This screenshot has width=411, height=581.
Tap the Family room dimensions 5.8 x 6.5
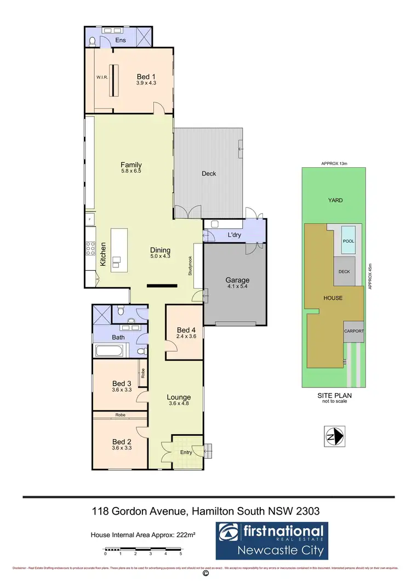point(131,171)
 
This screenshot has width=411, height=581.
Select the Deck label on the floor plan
point(209,174)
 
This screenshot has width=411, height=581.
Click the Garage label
point(237,280)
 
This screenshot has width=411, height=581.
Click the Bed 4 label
point(186,330)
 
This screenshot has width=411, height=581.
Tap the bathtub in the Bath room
point(111,350)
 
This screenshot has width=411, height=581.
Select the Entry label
point(187,452)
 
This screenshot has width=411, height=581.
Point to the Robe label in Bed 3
point(142,374)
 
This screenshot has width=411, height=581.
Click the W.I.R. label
point(102,77)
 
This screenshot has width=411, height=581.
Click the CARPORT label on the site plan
point(353,332)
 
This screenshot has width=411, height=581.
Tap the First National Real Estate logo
point(271,538)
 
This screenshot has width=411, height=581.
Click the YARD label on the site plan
point(335,201)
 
